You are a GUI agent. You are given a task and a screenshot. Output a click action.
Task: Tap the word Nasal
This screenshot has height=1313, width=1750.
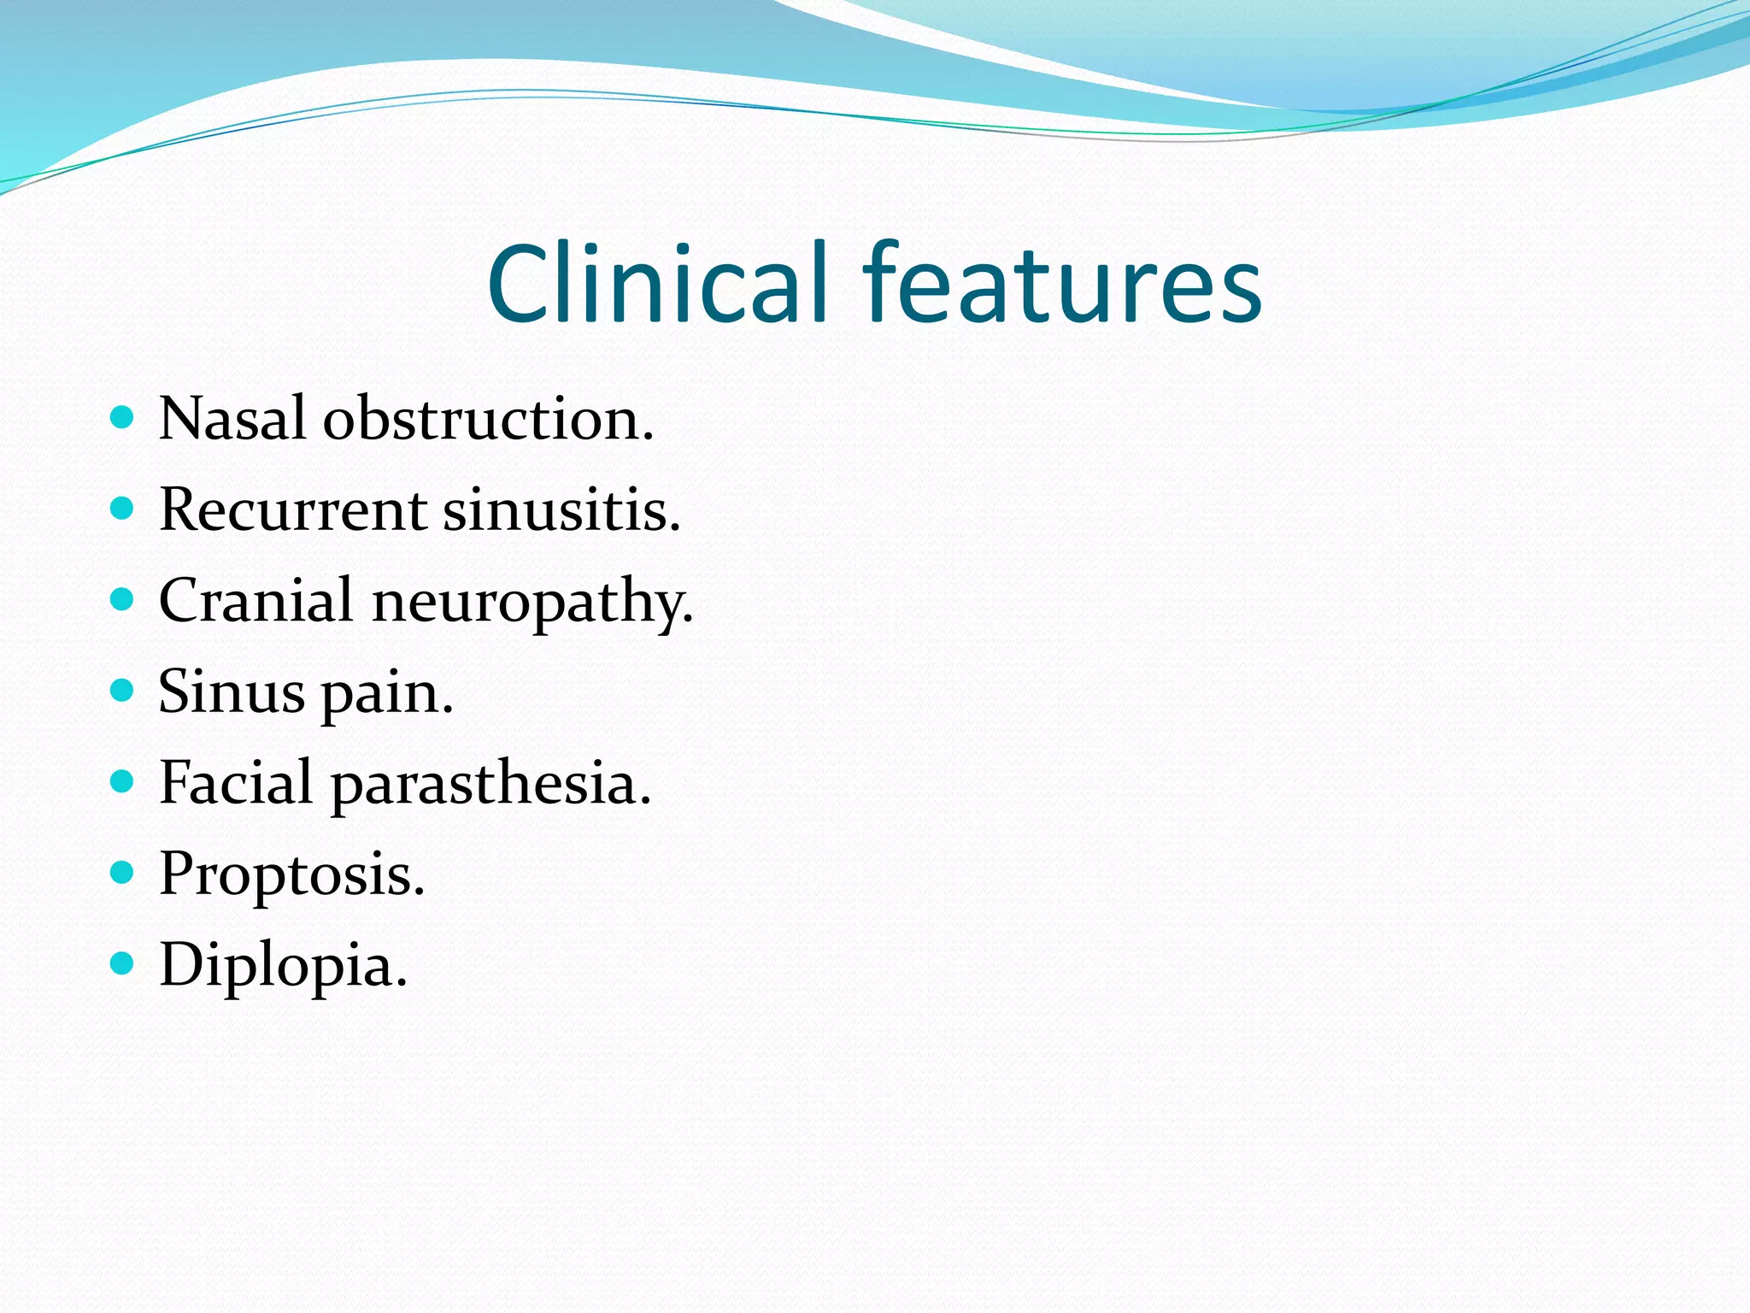[232, 419]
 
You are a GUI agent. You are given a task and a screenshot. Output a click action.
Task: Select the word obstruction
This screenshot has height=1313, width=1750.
[488, 419]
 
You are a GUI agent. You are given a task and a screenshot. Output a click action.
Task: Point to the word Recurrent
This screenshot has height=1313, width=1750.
[293, 509]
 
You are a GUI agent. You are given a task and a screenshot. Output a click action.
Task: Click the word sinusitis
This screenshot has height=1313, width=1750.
[561, 509]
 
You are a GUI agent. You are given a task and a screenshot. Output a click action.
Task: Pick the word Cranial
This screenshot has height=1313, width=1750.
[255, 600]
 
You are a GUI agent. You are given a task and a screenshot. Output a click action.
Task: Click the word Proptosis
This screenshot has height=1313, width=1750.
[291, 875]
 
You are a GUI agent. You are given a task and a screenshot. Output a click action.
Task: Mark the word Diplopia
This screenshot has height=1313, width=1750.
[283, 966]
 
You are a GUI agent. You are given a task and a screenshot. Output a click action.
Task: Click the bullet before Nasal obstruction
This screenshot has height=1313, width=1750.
[123, 417]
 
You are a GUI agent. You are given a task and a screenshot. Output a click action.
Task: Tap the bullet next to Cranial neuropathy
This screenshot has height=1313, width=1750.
[123, 599]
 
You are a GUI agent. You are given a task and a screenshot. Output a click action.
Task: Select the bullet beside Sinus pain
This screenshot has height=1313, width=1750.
[123, 690]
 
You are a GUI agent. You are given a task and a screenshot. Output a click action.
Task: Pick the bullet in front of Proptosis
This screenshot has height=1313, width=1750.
[123, 872]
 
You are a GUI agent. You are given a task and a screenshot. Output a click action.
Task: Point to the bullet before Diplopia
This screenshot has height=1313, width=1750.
[123, 963]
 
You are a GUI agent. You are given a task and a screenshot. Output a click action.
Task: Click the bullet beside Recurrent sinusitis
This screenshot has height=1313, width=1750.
[123, 509]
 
